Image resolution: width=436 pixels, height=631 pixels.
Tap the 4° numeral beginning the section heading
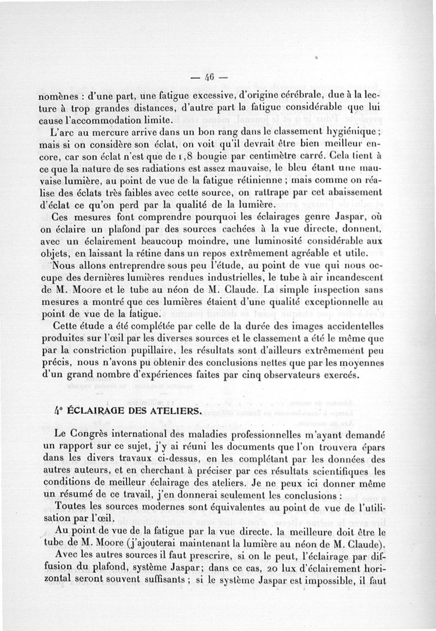[60, 411]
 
